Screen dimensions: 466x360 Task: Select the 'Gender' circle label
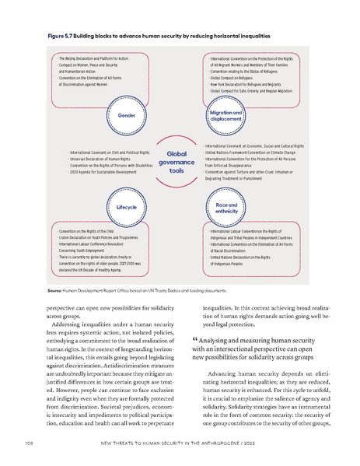(126, 115)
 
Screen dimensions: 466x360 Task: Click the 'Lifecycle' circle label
(126, 208)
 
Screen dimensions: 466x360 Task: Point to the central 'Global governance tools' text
(176, 162)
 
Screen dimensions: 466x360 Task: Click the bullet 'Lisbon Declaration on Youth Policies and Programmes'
(97, 239)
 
